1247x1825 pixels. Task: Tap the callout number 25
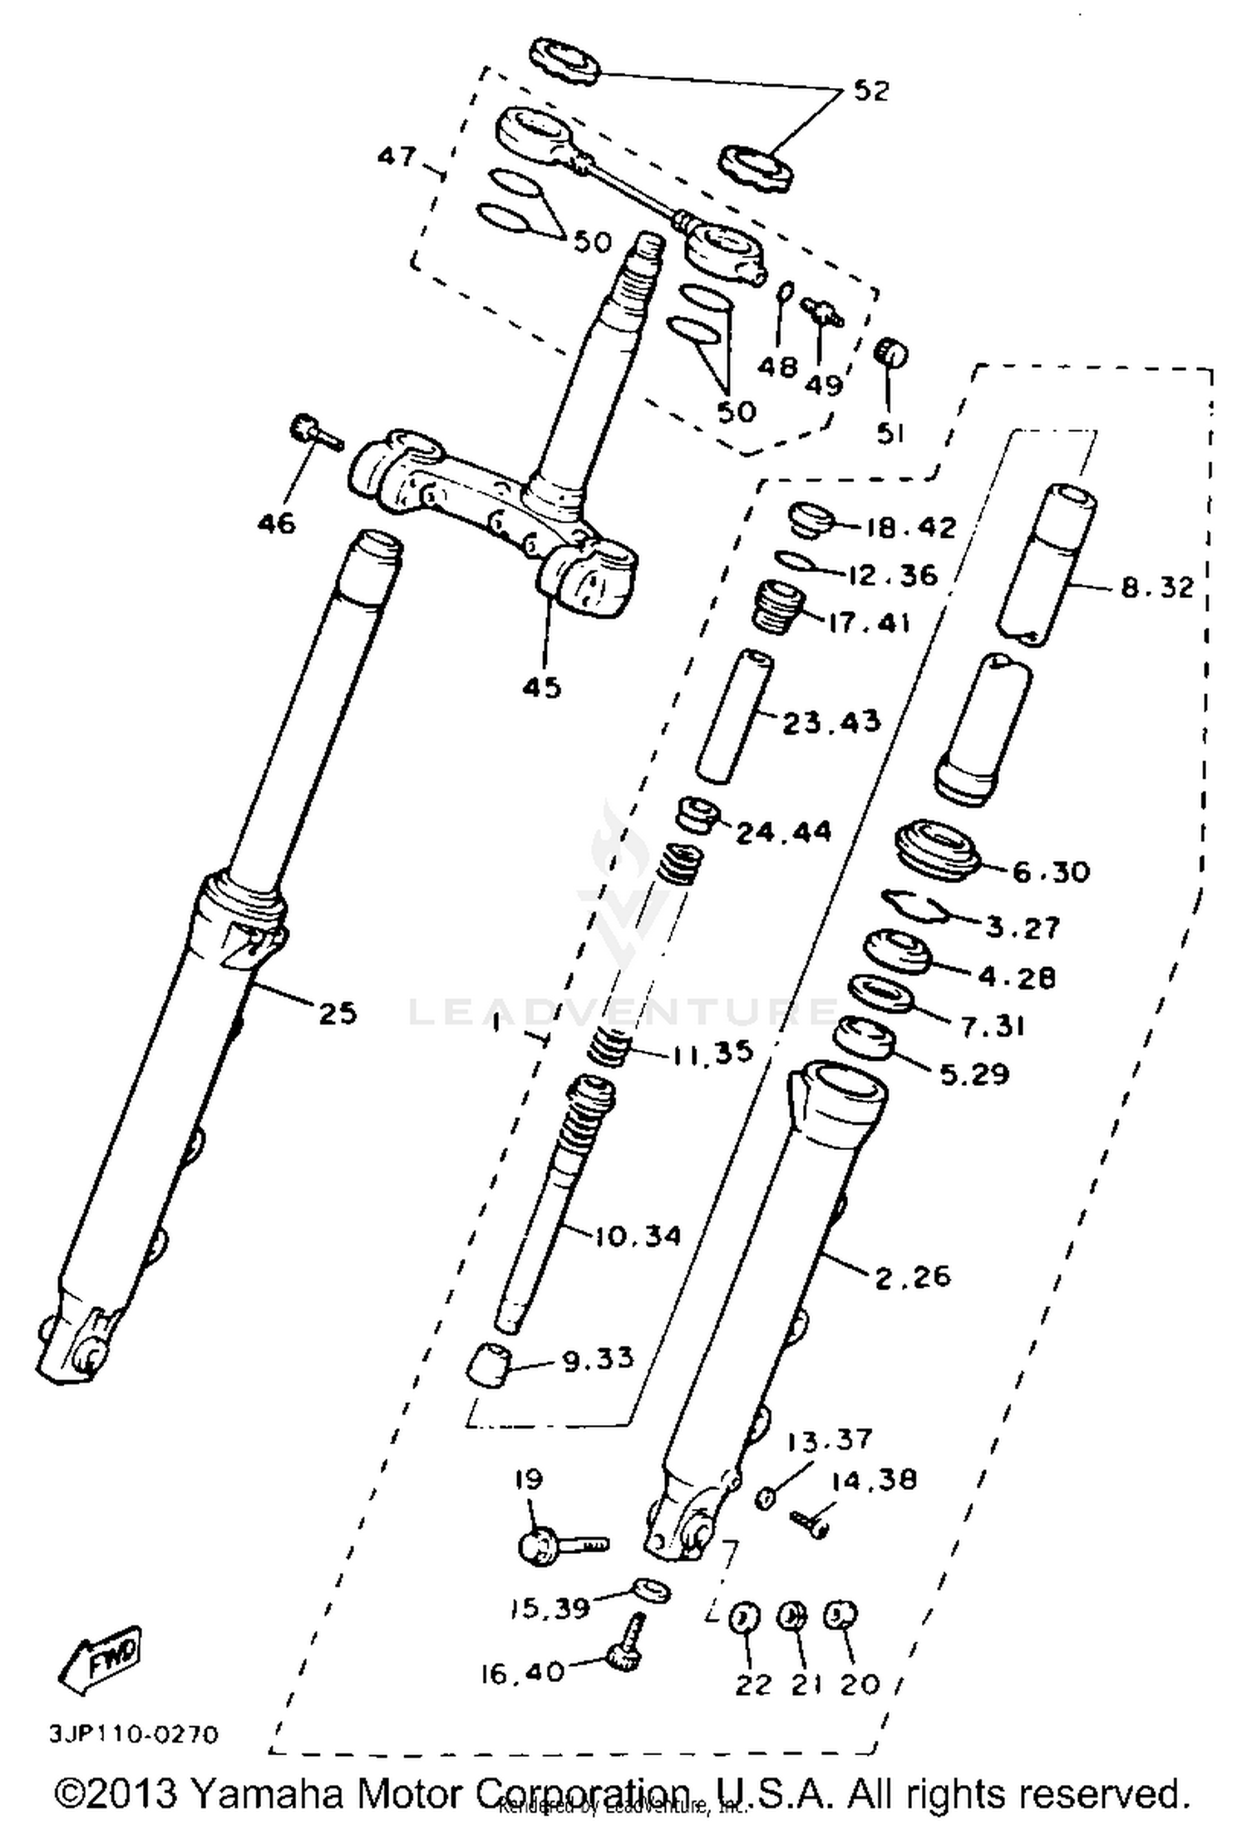(x=337, y=1013)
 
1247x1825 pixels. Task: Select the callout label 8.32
(x=1156, y=588)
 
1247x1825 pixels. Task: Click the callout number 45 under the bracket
(x=542, y=687)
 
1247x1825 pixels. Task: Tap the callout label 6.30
(x=1051, y=871)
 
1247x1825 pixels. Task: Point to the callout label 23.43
(x=831, y=722)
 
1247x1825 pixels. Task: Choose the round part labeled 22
(x=744, y=1618)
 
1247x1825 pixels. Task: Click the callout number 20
(x=859, y=1684)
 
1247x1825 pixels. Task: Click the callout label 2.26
(x=912, y=1275)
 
